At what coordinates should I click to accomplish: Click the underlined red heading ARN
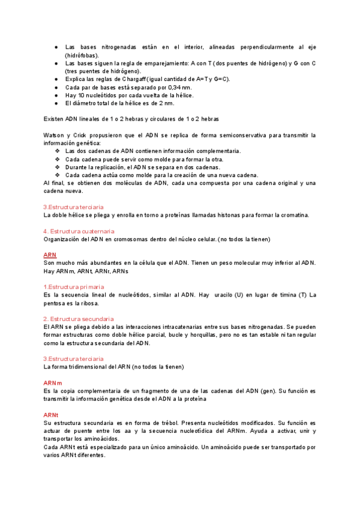pos(50,254)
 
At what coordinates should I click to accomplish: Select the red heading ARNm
pos(52,382)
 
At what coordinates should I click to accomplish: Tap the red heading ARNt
pos(50,414)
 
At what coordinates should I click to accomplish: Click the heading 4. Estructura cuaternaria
pos(79,231)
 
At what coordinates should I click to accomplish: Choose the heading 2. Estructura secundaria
pos(79,319)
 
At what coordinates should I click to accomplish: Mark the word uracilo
pos(233,295)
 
